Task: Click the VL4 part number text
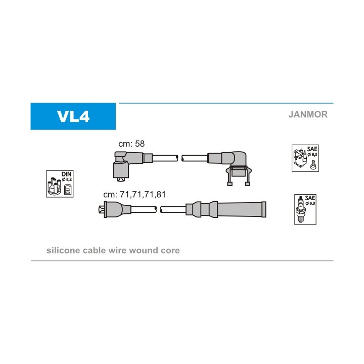coord(73,116)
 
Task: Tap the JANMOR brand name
coord(308,114)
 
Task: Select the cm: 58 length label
coord(131,144)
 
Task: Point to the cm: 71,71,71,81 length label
coord(134,194)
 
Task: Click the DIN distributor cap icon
coord(60,184)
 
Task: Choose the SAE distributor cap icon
coord(305,158)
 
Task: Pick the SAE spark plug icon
coord(305,210)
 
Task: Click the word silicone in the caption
coord(63,250)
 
